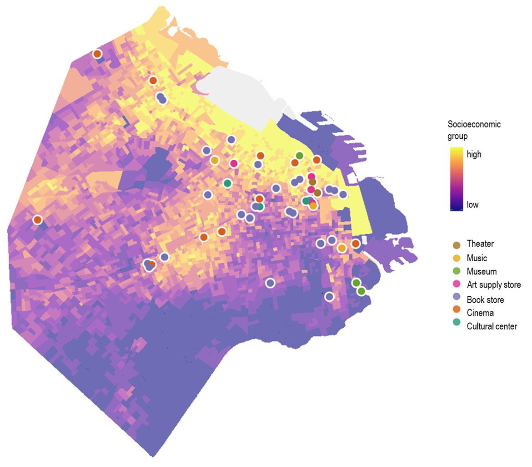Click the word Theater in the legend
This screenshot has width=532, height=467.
[481, 244]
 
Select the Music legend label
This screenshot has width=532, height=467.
[477, 258]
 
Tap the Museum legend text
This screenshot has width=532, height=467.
[481, 272]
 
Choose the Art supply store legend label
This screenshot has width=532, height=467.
[493, 285]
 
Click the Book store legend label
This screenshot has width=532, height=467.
[485, 299]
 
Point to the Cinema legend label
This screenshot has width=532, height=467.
[480, 313]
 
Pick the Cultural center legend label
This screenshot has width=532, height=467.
[492, 326]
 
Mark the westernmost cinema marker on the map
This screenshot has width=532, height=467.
[37, 220]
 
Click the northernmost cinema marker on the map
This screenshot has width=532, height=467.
[97, 54]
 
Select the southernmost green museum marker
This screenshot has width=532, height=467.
[361, 291]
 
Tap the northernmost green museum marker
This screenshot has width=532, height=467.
[299, 156]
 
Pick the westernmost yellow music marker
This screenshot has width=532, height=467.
[215, 160]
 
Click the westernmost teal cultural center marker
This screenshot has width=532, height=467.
[227, 183]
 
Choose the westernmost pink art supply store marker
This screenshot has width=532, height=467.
[234, 163]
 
